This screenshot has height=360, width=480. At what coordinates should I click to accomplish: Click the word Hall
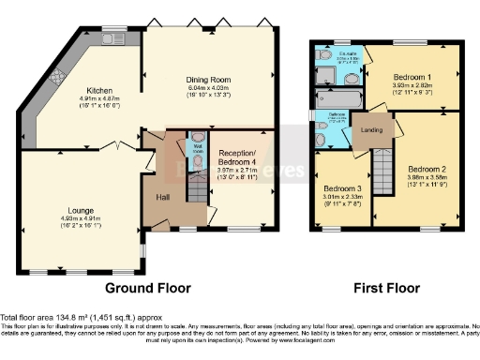point(163,198)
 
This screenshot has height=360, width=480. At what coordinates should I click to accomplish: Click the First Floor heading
point(385,288)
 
